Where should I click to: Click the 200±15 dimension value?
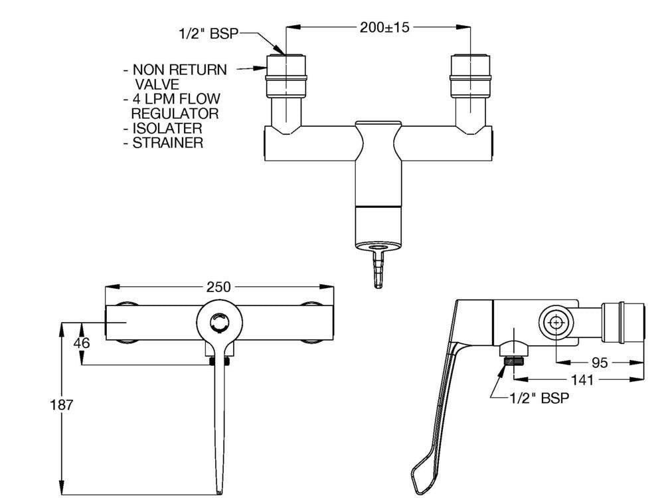(384, 27)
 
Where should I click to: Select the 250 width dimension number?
(218, 287)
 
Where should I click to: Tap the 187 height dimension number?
(62, 405)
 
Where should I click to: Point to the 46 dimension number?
(82, 343)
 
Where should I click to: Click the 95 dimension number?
(599, 363)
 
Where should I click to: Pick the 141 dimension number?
(582, 380)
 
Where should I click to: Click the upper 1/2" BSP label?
(208, 34)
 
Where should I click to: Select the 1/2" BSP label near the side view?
(539, 398)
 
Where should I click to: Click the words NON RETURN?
(180, 70)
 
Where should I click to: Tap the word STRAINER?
(168, 143)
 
